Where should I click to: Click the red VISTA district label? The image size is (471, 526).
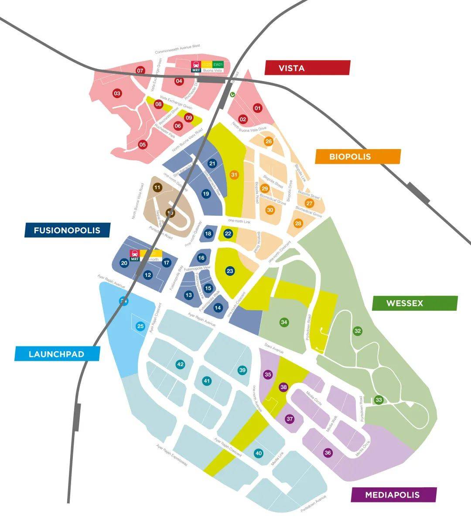[307, 68]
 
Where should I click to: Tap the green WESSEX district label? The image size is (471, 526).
[414, 303]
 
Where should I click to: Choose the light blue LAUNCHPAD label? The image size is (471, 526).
[57, 354]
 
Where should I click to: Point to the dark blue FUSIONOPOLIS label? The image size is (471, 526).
[67, 230]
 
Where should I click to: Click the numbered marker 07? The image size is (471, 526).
[140, 71]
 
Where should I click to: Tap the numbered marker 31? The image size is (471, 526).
[235, 175]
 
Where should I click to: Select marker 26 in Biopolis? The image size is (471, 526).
[269, 141]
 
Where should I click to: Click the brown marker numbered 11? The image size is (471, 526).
[157, 187]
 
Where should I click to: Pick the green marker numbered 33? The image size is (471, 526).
[379, 400]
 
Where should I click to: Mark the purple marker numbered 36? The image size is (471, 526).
[328, 453]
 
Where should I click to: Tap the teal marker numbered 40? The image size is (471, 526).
[259, 453]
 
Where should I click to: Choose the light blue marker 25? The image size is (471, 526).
[140, 326]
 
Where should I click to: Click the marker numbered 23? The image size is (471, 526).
[230, 271]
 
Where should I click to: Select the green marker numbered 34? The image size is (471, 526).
[284, 322]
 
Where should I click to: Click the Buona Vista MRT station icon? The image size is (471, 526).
[196, 65]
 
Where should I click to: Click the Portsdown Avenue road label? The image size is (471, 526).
[314, 503]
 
